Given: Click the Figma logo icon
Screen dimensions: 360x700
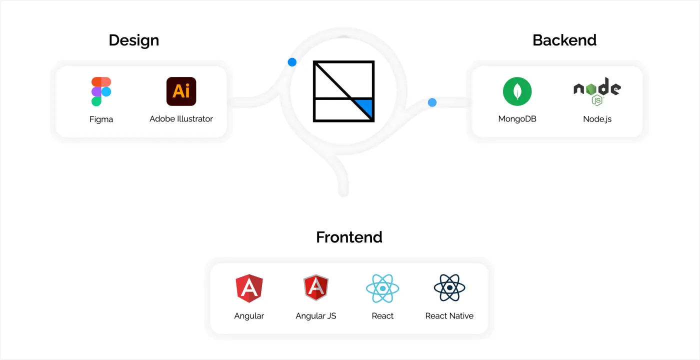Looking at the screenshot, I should click(x=101, y=91).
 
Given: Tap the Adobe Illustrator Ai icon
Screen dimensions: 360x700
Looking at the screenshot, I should click(x=181, y=91).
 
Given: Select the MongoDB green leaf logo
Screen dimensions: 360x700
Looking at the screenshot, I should click(x=517, y=91).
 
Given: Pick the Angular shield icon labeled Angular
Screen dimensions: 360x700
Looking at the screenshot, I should click(x=249, y=288).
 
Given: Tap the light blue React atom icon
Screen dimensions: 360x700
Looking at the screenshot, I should click(x=382, y=288).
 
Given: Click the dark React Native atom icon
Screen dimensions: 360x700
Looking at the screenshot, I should click(x=449, y=288).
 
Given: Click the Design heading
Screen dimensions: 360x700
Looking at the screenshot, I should click(x=134, y=40).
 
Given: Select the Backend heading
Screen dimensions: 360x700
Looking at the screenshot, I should click(x=564, y=40).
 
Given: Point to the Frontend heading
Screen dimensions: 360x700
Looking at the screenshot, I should click(x=349, y=237).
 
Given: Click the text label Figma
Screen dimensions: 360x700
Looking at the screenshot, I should click(x=101, y=119).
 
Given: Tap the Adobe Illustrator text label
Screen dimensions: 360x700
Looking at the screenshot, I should click(x=181, y=119).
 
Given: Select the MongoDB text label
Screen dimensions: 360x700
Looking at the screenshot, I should click(x=517, y=119).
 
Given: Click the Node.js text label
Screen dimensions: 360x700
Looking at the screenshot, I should click(x=597, y=119).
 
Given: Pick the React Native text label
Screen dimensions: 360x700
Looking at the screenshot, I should click(x=449, y=316).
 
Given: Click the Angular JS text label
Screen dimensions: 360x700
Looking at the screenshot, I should click(x=316, y=316).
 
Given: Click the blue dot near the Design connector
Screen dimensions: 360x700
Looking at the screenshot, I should click(x=292, y=62).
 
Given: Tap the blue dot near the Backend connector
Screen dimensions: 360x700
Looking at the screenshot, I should click(x=432, y=102).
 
